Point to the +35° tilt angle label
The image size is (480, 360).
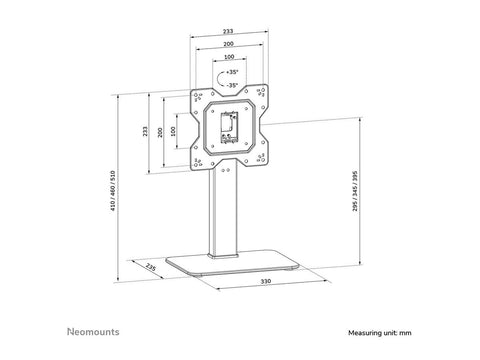tap(232, 73)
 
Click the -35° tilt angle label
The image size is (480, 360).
tap(232, 86)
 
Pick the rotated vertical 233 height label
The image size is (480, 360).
tap(147, 131)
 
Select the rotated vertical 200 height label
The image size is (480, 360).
tap(159, 131)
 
